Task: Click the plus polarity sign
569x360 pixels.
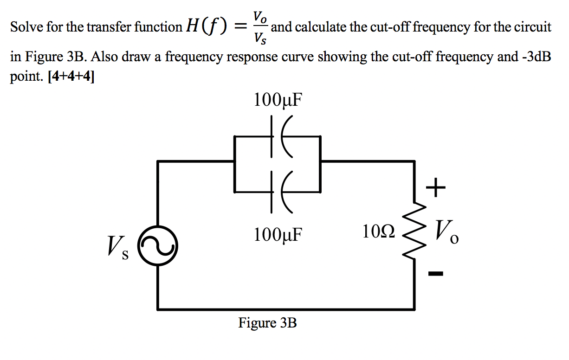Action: pyautogui.click(x=435, y=188)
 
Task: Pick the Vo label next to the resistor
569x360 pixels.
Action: pyautogui.click(x=446, y=231)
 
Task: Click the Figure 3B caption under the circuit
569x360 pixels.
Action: pyautogui.click(x=267, y=322)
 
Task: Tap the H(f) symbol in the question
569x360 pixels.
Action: pyautogui.click(x=207, y=27)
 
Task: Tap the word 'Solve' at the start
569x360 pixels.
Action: pyautogui.click(x=23, y=27)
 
